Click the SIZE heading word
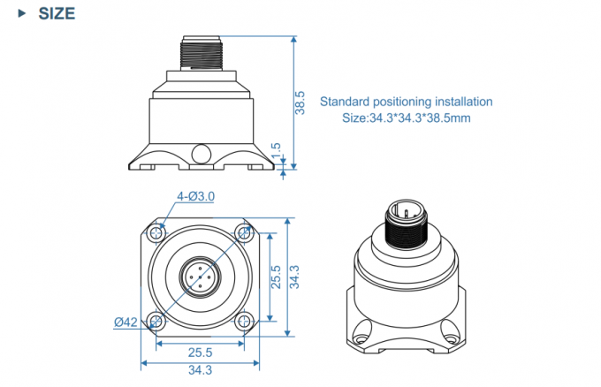tap(57, 14)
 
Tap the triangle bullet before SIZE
tap(21, 14)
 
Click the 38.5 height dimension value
tap(300, 103)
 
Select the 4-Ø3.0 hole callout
tap(196, 196)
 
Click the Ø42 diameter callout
tap(126, 322)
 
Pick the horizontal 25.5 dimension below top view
tap(201, 352)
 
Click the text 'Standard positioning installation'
tap(406, 102)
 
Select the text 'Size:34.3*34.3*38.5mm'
tap(406, 118)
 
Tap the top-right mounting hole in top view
tap(243, 233)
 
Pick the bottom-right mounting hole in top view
tap(243, 320)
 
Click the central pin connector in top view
tap(200, 277)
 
